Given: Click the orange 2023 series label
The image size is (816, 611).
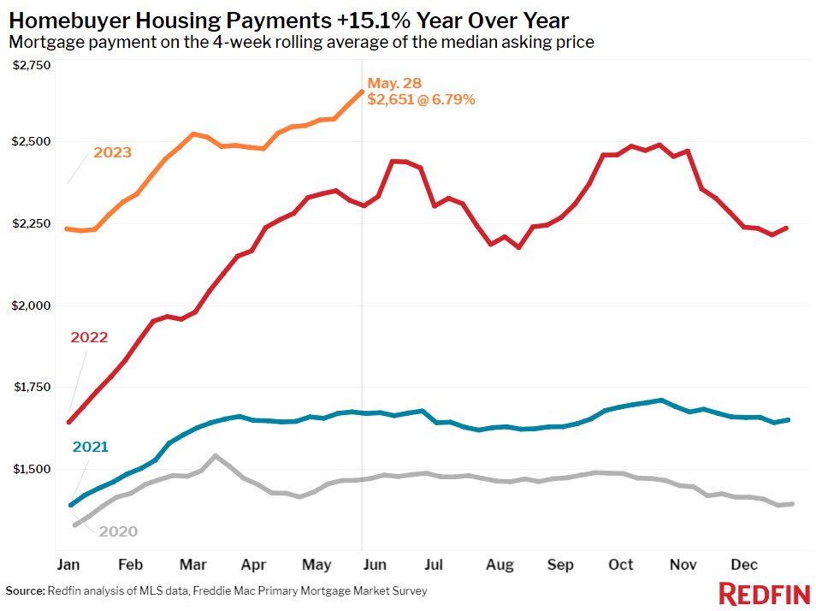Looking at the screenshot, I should pos(112,152).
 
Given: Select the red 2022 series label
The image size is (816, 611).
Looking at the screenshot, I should pos(89,337).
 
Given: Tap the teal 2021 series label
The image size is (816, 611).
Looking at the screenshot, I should pos(90,447).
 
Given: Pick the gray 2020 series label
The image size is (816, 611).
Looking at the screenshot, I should pos(117,531).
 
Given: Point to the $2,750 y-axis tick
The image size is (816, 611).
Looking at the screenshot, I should pos(32,65).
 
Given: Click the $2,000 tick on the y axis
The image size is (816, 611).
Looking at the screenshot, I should pos(32,305).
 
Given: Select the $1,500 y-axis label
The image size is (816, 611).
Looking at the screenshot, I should pos(32,469).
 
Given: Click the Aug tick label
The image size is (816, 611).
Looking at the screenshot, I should pos(500,565).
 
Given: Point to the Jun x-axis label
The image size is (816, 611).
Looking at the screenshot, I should pos(375,565).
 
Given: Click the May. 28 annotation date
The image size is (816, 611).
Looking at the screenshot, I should pos(394,83).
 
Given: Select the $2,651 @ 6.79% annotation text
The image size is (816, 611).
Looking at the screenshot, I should pos(421,99).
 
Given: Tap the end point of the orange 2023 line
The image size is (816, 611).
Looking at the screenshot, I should pos(362,92).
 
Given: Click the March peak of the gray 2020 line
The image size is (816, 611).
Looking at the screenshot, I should pos(215,456).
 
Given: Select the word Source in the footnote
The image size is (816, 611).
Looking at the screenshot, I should pos(24,590).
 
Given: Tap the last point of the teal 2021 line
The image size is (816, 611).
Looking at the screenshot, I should pos(787,419).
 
